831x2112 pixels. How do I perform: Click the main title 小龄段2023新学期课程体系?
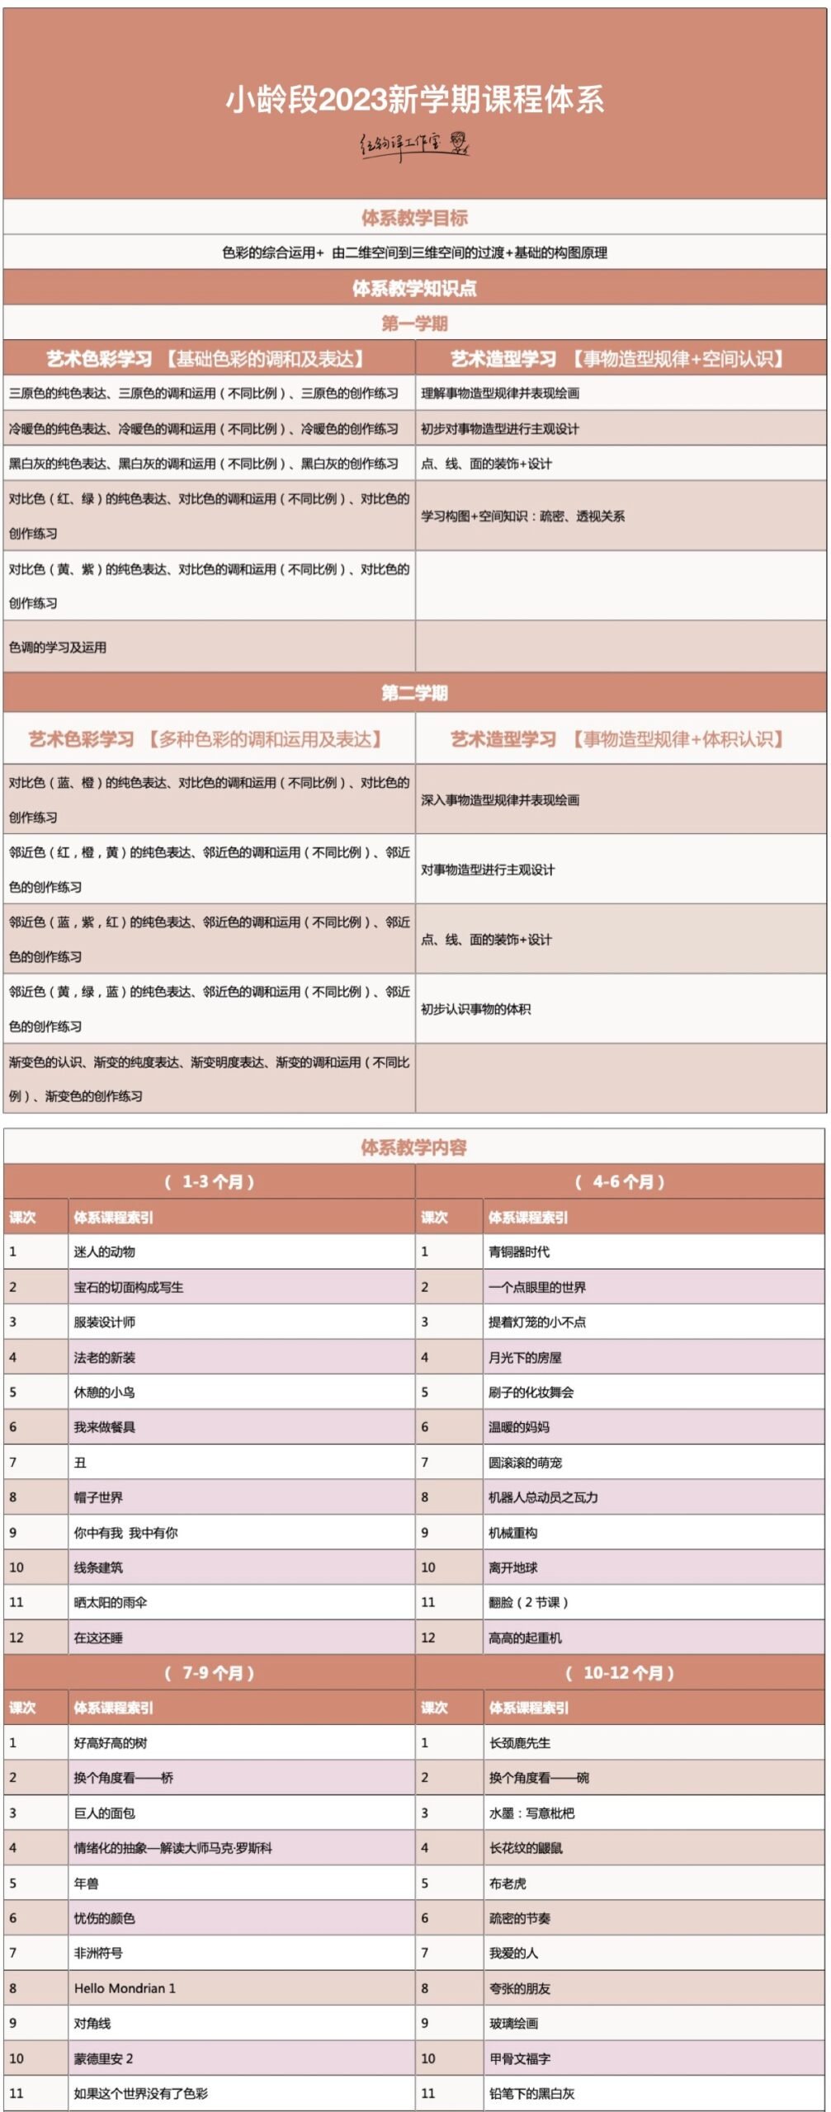coord(415,100)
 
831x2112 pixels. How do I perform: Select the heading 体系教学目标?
coord(414,218)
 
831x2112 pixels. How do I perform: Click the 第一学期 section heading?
coord(414,323)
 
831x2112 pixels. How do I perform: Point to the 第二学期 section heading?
coord(414,693)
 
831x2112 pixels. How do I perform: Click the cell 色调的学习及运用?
coord(58,648)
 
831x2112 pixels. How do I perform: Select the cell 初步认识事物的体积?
coord(476,1009)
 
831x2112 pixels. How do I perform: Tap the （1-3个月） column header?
coord(210,1182)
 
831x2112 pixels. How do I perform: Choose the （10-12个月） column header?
coord(620,1673)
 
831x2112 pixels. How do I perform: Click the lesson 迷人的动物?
coord(105,1252)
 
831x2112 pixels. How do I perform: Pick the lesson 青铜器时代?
coord(519,1252)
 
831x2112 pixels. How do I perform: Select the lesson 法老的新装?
coord(105,1358)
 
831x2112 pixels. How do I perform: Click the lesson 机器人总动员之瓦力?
coord(543,1497)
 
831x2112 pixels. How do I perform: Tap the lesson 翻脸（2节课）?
coord(528,1603)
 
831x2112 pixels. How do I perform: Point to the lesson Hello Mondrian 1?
coord(125,1988)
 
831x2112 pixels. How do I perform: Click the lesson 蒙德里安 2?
coord(104,2058)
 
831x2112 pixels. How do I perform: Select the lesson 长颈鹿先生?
coord(520,1743)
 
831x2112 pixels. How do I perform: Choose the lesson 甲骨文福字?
coord(520,2058)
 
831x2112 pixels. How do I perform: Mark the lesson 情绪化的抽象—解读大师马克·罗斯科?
coord(173,1848)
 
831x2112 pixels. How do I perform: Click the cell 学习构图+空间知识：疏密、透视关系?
coord(523,516)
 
